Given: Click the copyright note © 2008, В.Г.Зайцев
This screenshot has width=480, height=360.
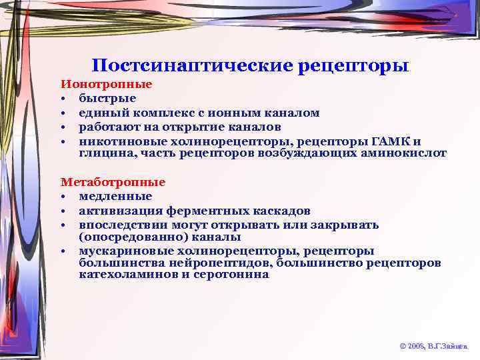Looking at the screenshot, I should pos(433,346).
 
